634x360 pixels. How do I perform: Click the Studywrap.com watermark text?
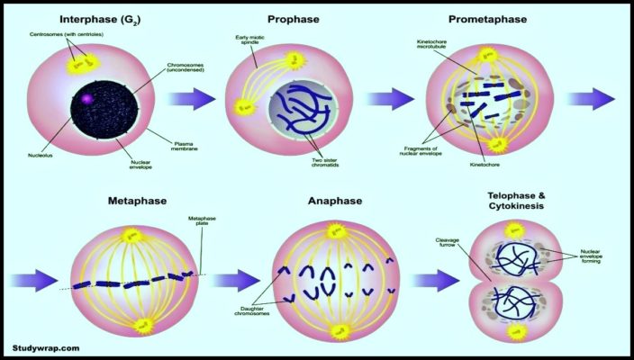[x=47, y=346]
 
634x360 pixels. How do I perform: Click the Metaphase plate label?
[x=201, y=220]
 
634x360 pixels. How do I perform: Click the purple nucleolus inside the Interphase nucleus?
[x=87, y=98]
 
